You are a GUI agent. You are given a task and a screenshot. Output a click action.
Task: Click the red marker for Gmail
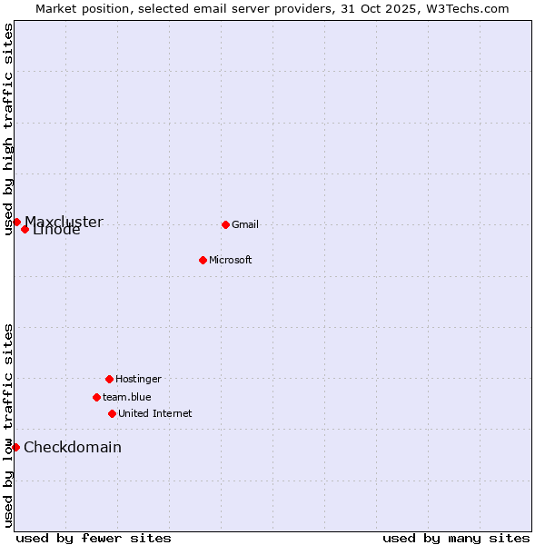click(x=225, y=224)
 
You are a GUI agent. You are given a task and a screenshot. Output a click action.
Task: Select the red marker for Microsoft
click(x=203, y=260)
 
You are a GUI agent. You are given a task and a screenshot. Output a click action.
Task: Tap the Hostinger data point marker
click(x=109, y=379)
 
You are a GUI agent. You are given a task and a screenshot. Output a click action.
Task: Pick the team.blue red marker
click(x=96, y=397)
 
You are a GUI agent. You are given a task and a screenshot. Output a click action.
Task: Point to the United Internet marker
click(x=112, y=413)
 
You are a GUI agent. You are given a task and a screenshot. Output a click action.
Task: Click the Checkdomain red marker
click(x=15, y=447)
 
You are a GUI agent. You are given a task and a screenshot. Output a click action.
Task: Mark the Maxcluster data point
click(x=16, y=222)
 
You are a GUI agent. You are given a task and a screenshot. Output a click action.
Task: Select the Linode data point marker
click(x=25, y=229)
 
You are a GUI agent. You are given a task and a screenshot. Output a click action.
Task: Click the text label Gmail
click(x=245, y=224)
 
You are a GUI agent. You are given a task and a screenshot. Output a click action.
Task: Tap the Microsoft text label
click(x=230, y=260)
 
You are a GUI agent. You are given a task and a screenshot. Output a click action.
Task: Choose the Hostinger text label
click(x=138, y=379)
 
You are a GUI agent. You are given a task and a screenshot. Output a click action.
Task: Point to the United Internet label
click(x=154, y=413)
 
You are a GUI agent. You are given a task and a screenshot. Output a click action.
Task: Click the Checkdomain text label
click(x=73, y=447)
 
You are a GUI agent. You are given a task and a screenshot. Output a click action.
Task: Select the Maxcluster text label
click(x=64, y=221)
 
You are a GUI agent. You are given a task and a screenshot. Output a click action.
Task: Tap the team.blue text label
click(x=126, y=397)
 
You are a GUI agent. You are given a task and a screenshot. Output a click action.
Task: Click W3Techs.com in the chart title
click(x=464, y=8)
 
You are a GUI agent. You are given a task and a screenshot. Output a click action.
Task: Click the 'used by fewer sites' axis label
click(x=94, y=538)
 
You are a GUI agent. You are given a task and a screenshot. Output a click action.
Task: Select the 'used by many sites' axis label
click(x=456, y=538)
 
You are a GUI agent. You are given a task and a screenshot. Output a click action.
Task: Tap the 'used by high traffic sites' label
click(x=8, y=130)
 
